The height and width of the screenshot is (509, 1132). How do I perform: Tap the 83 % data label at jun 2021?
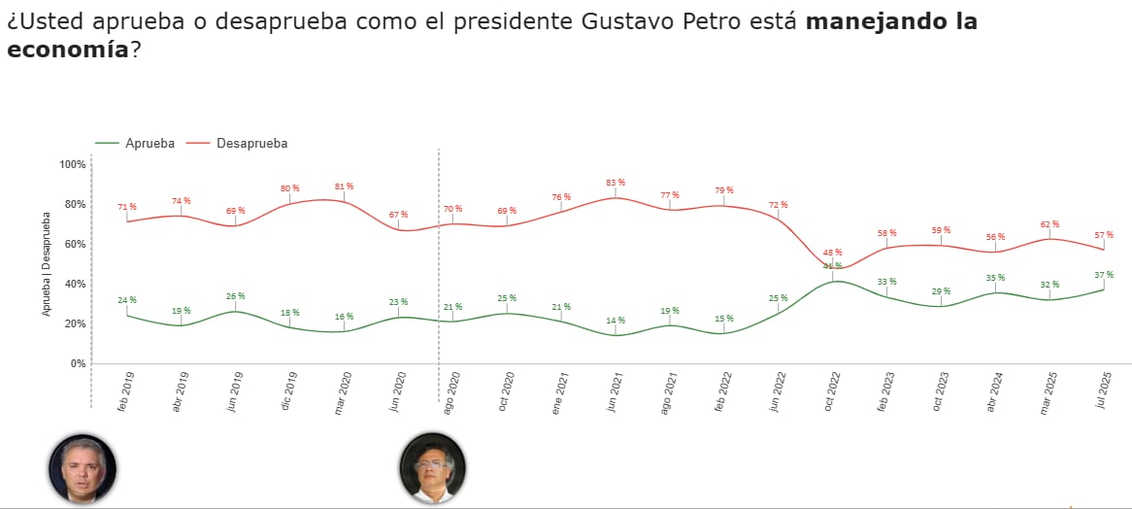pyautogui.click(x=616, y=183)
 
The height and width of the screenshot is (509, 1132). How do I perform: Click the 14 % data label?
pyautogui.click(x=616, y=321)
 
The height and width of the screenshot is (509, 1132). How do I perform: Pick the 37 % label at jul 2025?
pyautogui.click(x=1103, y=275)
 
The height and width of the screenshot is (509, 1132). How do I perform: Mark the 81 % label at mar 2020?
pyautogui.click(x=344, y=187)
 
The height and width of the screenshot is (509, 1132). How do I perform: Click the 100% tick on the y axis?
pyautogui.click(x=73, y=164)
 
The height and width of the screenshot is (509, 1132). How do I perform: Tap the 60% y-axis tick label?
pyautogui.click(x=75, y=244)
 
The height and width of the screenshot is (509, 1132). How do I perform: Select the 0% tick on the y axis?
pyautogui.click(x=79, y=363)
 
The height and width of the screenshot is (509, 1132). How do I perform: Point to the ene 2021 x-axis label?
pyautogui.click(x=560, y=394)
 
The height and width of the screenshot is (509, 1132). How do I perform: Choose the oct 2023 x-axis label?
pyautogui.click(x=940, y=394)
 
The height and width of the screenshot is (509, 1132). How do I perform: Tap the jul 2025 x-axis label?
pyautogui.click(x=1103, y=394)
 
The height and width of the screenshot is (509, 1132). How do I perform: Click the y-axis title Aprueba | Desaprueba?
pyautogui.click(x=46, y=264)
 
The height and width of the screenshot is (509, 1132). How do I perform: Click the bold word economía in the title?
pyautogui.click(x=67, y=50)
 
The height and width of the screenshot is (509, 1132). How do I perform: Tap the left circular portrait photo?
pyautogui.click(x=83, y=468)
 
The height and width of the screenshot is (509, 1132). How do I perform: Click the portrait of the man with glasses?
pyautogui.click(x=432, y=467)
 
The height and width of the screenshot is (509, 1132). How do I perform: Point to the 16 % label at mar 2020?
pyautogui.click(x=344, y=317)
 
